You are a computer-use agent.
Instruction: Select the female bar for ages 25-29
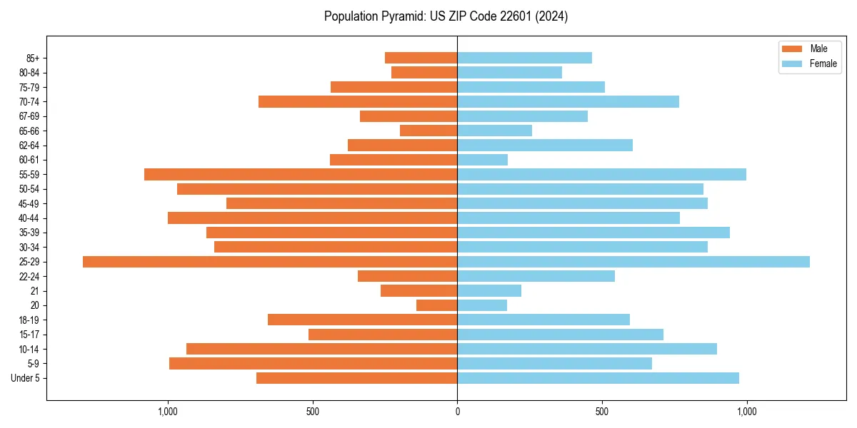(633, 262)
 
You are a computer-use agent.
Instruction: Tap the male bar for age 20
(436, 305)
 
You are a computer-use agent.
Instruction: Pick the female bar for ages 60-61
(482, 160)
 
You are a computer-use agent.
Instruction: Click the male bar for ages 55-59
(301, 174)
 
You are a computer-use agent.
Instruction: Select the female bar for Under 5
(598, 378)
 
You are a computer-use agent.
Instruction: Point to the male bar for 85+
(421, 58)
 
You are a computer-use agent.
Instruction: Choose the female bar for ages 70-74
(568, 101)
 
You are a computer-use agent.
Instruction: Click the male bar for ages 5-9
(313, 364)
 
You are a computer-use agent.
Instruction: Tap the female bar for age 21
(489, 291)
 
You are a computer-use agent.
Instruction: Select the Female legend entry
(808, 63)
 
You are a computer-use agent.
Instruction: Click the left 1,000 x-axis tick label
(168, 412)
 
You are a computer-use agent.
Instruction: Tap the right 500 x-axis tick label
(602, 412)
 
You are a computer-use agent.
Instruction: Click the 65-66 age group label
(29, 131)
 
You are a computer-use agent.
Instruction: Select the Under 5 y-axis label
(25, 378)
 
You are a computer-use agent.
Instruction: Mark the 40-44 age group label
(29, 218)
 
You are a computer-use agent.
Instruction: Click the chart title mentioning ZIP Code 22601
(446, 16)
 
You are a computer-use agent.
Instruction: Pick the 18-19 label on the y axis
(29, 320)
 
